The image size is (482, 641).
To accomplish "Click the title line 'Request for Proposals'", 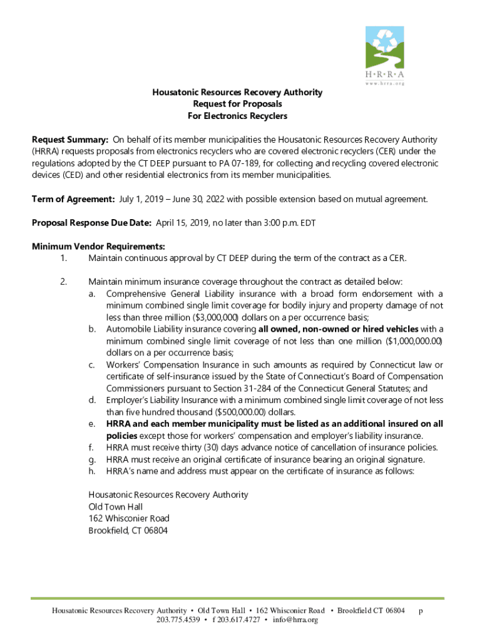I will point(237,104).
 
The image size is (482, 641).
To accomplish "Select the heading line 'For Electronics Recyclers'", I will point(237,116).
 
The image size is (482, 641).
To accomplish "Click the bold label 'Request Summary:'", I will point(70,139).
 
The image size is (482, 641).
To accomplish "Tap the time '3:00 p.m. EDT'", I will point(281,222).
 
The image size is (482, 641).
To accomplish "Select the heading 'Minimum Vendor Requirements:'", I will point(98,246).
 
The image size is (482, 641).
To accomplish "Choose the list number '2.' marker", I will point(63,282).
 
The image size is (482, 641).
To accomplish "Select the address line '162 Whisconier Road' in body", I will point(129,518).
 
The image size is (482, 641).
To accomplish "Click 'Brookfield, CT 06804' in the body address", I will point(128,530).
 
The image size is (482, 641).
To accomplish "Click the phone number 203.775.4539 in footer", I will point(178,620).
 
